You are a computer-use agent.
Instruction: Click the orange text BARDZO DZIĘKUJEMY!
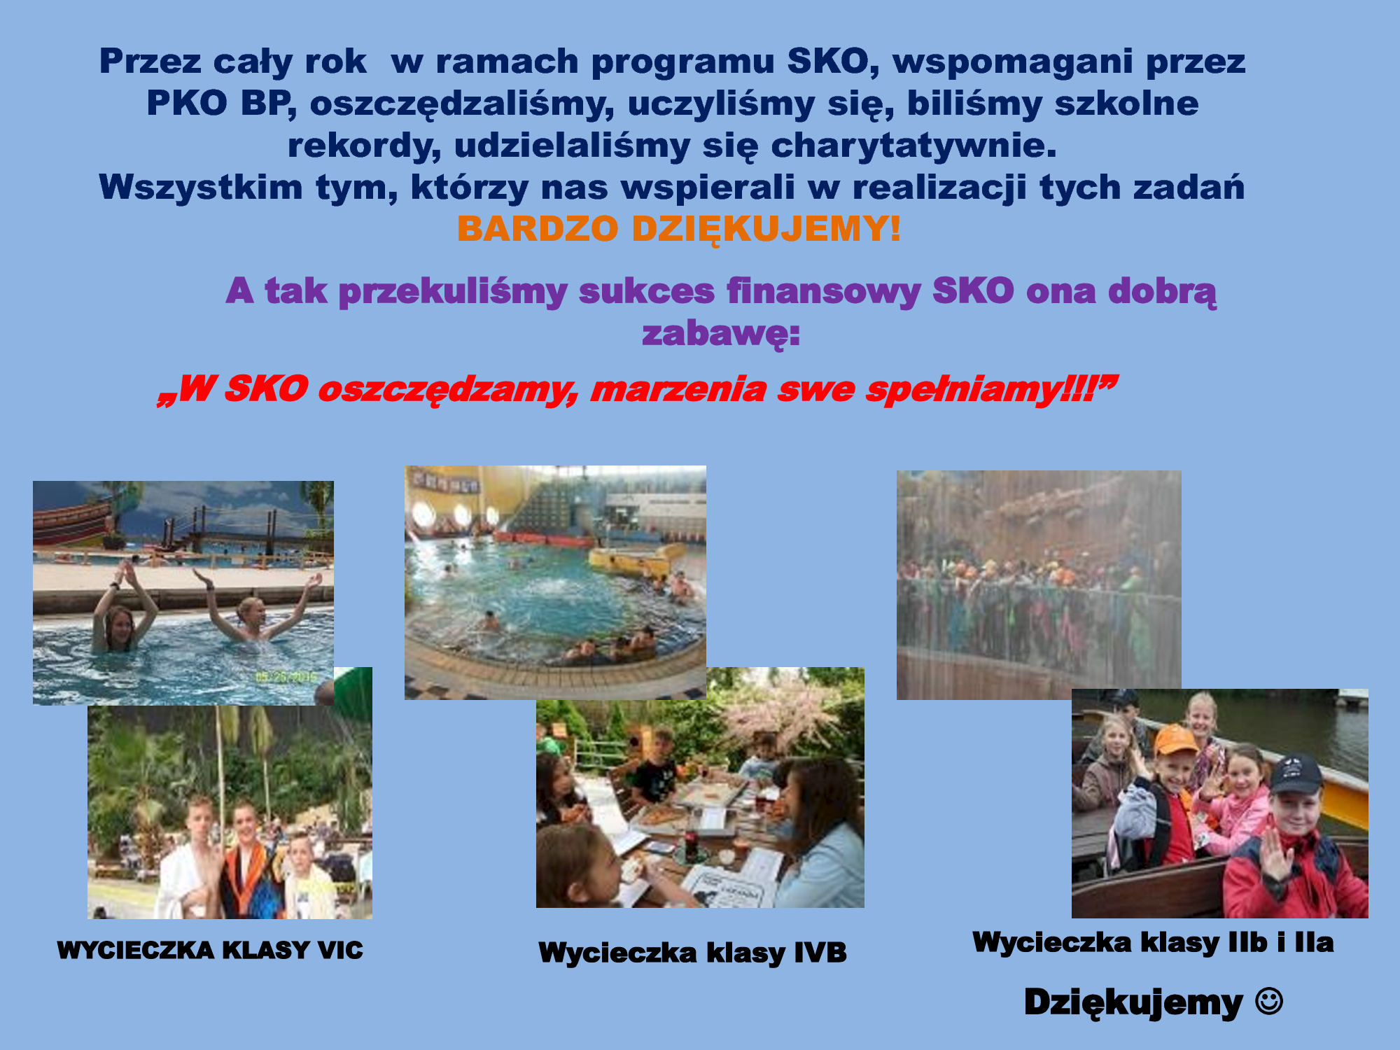pyautogui.click(x=679, y=230)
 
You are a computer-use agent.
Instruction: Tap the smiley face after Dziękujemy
pyautogui.click(x=1269, y=1001)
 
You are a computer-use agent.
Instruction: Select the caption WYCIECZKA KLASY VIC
pyautogui.click(x=210, y=950)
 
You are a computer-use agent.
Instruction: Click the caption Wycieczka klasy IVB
pyautogui.click(x=692, y=953)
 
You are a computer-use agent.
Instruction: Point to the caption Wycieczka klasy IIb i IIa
pyautogui.click(x=1153, y=942)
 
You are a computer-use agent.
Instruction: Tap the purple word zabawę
pyautogui.click(x=720, y=333)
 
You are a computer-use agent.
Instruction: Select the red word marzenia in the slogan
pyautogui.click(x=678, y=389)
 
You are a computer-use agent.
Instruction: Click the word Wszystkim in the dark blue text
pyautogui.click(x=201, y=188)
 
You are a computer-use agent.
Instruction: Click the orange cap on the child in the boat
pyautogui.click(x=1175, y=738)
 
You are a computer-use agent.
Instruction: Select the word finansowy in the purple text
pyautogui.click(x=823, y=291)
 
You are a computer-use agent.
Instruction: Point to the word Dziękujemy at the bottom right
pyautogui.click(x=1133, y=1002)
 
